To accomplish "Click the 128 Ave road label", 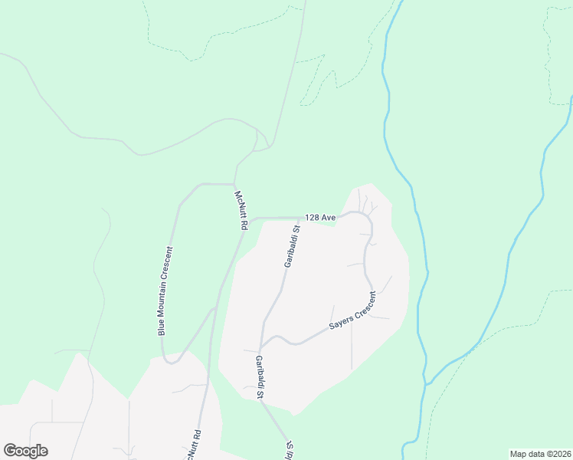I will point(320,218).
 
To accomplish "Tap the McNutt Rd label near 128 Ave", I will point(243,214).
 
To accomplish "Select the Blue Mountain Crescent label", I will point(166,291).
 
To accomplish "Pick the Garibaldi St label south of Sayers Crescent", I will point(260,378).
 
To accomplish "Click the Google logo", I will point(25,451).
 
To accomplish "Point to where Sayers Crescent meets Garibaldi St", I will point(262,343).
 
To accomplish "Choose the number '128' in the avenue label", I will point(312,218).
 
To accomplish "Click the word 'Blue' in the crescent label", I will point(162,327).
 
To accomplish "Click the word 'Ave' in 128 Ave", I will point(329,218).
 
